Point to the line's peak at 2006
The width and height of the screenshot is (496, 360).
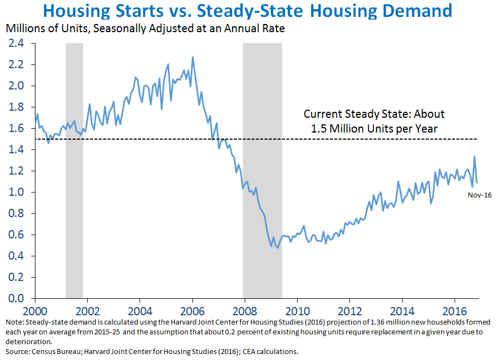pos(192,57)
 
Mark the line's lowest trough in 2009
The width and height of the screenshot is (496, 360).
pos(278,248)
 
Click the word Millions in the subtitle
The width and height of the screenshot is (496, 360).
pos(22,28)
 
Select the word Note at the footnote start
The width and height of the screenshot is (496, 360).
pos(11,322)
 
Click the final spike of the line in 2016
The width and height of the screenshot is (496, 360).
pos(474,157)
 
